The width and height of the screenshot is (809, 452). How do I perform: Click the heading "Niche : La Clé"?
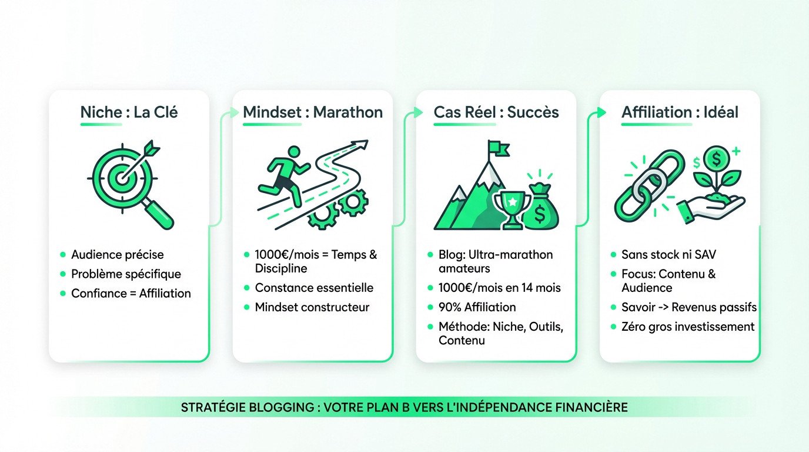pyautogui.click(x=129, y=112)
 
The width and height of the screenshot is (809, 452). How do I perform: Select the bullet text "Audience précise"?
pyautogui.click(x=118, y=255)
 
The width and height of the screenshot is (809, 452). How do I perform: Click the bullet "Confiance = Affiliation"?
pyautogui.click(x=131, y=293)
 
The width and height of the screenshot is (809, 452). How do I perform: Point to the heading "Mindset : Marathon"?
pyautogui.click(x=313, y=112)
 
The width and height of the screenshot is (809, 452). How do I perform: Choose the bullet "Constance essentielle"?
pyautogui.click(x=314, y=288)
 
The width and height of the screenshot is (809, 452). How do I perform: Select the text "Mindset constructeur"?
pyautogui.click(x=312, y=307)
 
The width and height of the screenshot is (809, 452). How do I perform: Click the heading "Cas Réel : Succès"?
pyautogui.click(x=496, y=112)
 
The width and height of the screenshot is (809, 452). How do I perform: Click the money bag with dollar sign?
pyautogui.click(x=540, y=206)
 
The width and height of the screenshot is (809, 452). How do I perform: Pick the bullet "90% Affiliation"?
pyautogui.click(x=477, y=307)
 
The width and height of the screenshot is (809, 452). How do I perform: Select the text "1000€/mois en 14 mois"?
pyautogui.click(x=499, y=288)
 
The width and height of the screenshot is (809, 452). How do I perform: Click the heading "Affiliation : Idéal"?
pyautogui.click(x=680, y=112)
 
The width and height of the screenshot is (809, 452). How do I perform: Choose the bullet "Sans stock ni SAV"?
pyautogui.click(x=668, y=255)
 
